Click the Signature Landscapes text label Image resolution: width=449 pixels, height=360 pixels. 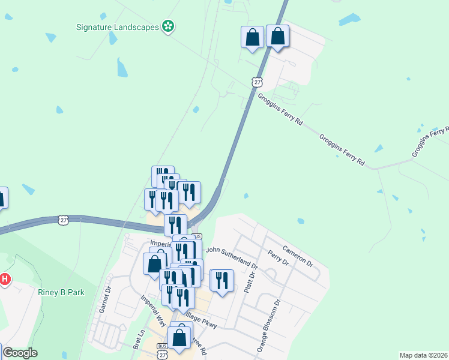118,27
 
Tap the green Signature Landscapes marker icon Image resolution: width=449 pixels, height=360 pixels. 169,26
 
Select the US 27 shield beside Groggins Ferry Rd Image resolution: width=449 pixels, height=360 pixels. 257,82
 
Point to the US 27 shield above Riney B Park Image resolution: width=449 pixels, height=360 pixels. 63,220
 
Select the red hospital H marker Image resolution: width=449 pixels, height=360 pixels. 5,279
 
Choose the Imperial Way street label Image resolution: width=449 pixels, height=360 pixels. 152,310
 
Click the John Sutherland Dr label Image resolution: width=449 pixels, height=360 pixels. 232,257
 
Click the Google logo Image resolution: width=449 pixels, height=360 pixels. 20,353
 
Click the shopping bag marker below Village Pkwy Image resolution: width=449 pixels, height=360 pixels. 179,337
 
